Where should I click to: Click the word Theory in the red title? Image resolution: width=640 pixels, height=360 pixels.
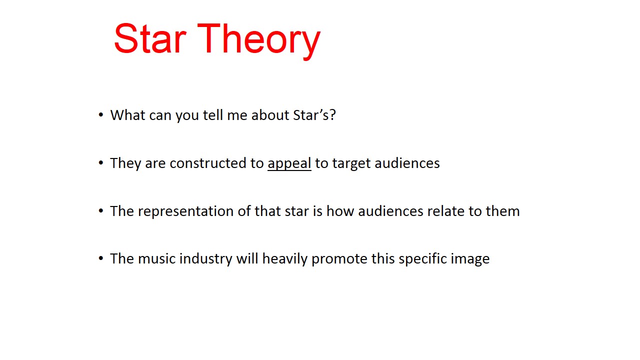coord(258,39)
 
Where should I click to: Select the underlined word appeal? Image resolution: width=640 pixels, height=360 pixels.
coord(289,163)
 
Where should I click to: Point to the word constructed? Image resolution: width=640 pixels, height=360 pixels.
coord(209,163)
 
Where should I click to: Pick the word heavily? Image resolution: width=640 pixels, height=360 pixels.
coord(284,259)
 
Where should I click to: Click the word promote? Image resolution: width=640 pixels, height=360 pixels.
coord(339,259)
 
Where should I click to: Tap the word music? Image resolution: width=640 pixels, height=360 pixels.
coord(156,259)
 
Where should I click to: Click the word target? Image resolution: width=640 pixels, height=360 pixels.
coord(351,163)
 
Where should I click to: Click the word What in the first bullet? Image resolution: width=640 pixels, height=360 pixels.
coord(127,115)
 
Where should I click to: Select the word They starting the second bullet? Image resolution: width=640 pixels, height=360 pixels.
coord(125,163)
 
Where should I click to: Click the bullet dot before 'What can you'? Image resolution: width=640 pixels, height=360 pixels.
coord(101,115)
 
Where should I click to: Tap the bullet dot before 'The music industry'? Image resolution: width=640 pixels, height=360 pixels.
coord(101,259)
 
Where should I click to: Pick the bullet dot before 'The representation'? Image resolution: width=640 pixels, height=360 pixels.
coord(101,211)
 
